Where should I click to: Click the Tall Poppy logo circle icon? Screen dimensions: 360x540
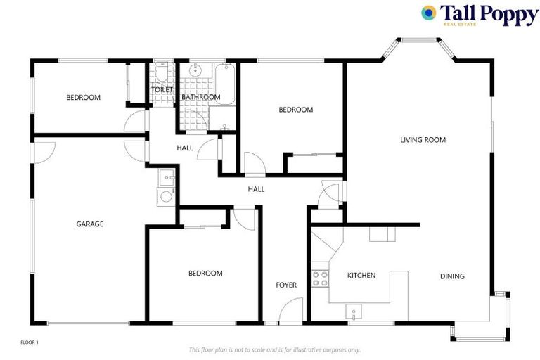pyautogui.click(x=428, y=13)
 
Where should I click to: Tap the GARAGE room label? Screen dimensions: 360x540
pyautogui.click(x=90, y=224)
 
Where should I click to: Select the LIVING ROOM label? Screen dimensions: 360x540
pyautogui.click(x=423, y=140)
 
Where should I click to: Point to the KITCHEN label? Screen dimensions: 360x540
pyautogui.click(x=361, y=276)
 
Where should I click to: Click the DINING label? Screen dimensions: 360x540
pyautogui.click(x=452, y=276)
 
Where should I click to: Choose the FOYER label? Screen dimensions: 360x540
pyautogui.click(x=286, y=285)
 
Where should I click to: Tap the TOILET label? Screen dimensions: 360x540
pyautogui.click(x=162, y=90)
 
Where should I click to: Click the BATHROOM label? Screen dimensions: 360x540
pyautogui.click(x=201, y=97)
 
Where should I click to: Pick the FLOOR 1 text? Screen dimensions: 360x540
pyautogui.click(x=30, y=342)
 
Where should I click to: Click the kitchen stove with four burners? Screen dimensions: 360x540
pyautogui.click(x=320, y=278)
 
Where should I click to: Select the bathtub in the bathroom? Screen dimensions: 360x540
pyautogui.click(x=225, y=84)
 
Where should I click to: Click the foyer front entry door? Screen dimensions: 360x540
pyautogui.click(x=291, y=311)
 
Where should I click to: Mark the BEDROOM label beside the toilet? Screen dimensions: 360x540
pyautogui.click(x=84, y=98)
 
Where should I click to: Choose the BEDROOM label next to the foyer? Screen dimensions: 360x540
pyautogui.click(x=205, y=274)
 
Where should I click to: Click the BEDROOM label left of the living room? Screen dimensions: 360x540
pyautogui.click(x=295, y=110)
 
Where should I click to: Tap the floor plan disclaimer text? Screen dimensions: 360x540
pyautogui.click(x=275, y=349)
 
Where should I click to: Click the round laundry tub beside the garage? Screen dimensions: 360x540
pyautogui.click(x=166, y=196)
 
